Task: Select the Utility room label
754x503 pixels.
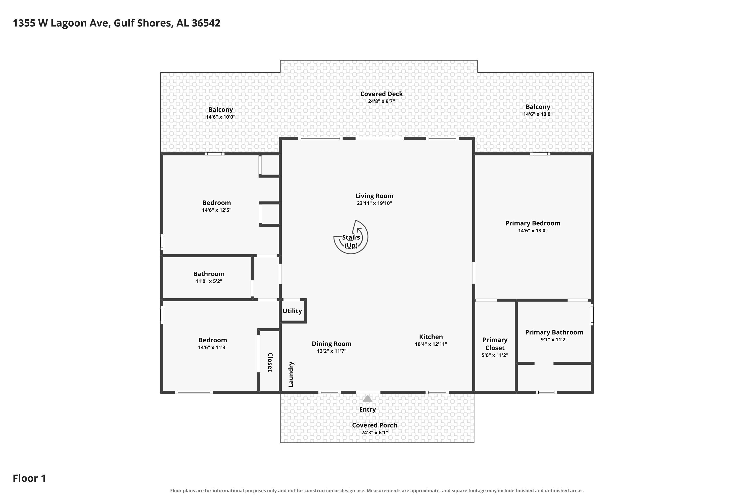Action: pos(292,311)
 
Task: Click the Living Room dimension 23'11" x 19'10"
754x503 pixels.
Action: pos(374,203)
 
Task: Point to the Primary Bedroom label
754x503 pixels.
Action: pos(533,223)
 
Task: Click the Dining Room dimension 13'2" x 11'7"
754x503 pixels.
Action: pos(332,351)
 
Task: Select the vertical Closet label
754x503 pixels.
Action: pos(270,362)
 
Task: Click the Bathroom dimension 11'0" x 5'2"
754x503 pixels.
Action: pos(209,281)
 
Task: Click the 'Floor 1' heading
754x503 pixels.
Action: pos(29,478)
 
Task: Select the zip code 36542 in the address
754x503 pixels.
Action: pos(206,23)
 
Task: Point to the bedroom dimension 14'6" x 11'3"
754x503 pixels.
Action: pos(213,347)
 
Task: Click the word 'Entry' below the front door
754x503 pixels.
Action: pos(367,410)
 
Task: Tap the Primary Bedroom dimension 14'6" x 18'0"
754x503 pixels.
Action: pos(533,231)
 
